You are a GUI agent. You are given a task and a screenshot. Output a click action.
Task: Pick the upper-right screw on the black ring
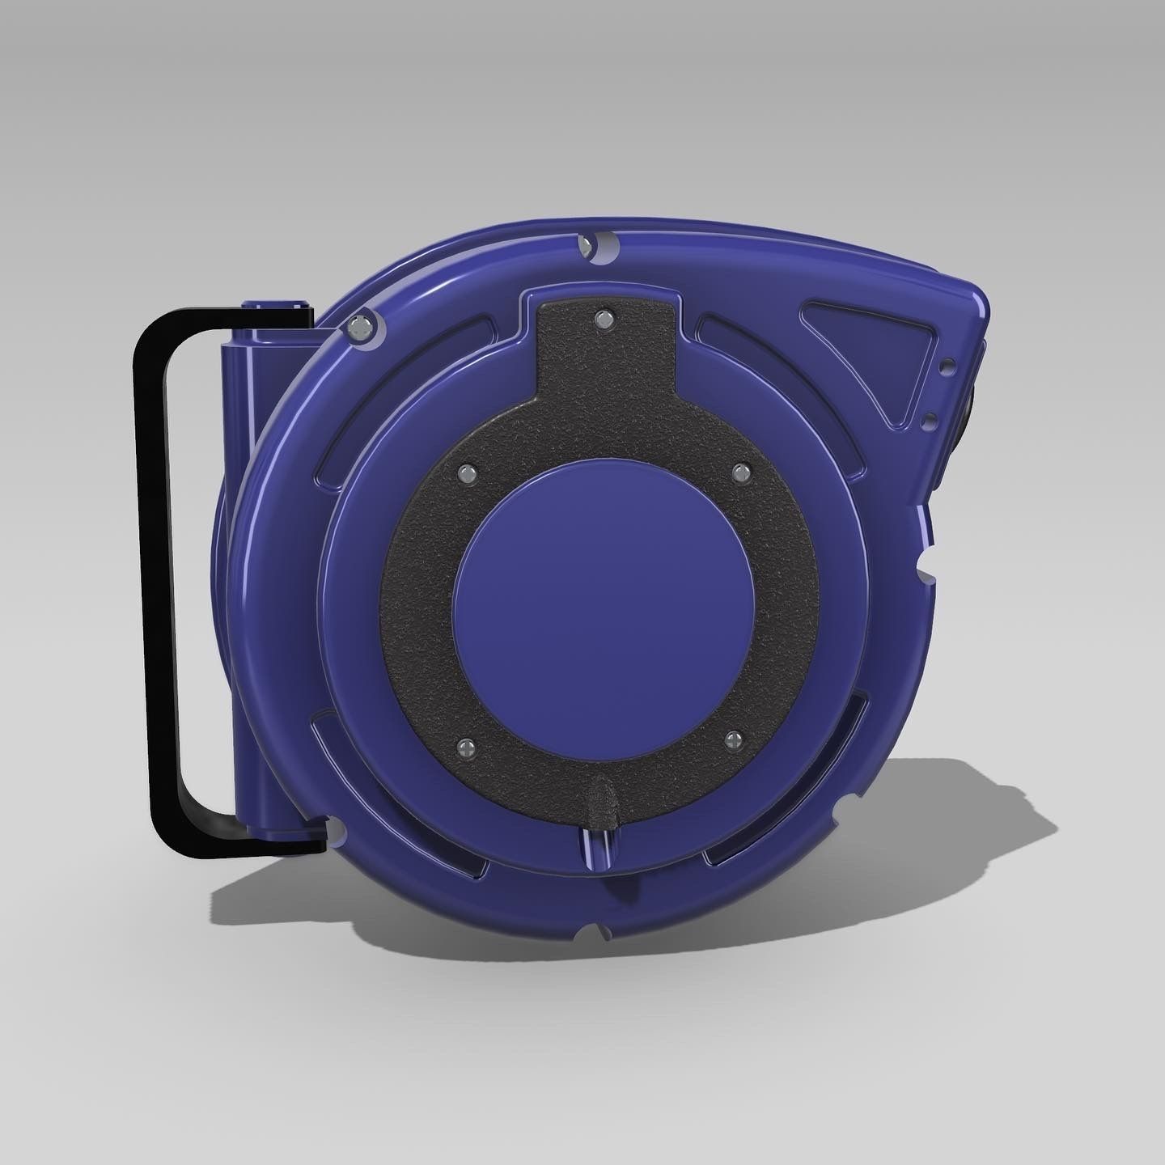coord(738,471)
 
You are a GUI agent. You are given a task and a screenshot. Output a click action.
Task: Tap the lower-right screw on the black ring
coord(733,738)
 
